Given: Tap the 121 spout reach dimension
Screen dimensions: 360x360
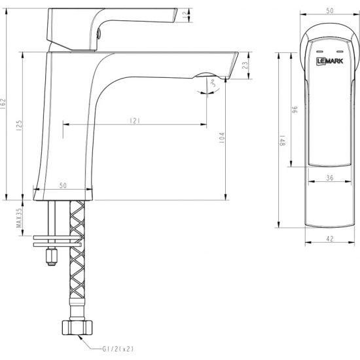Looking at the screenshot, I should (135, 120).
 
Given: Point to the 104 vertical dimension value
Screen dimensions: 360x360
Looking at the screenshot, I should (221, 138).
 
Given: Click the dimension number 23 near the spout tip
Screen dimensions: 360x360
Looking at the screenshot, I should (245, 65).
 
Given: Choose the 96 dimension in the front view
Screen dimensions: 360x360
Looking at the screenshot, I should (295, 112).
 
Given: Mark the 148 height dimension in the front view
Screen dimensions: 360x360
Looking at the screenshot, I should (282, 142).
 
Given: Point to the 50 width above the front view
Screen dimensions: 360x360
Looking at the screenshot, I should (330, 10).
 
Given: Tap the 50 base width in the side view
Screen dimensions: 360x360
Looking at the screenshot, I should (63, 186).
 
